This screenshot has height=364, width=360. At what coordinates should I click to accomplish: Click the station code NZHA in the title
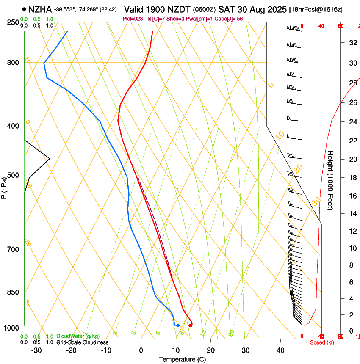pos(40,8)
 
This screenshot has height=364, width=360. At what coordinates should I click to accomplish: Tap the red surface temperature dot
pos(190,325)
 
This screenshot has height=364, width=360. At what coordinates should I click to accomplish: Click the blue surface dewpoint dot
pos(178,325)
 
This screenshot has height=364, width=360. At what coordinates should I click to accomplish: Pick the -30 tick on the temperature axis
pos(36,350)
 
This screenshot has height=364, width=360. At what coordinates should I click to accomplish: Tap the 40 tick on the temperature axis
pos(280,350)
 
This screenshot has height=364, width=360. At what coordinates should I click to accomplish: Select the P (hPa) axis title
pos(4,186)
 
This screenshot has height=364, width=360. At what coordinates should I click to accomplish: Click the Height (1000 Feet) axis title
pos(330,180)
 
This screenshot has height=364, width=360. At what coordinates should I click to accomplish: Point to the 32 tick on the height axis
pos(352,42)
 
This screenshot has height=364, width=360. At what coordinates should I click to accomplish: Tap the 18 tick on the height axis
pos(352,178)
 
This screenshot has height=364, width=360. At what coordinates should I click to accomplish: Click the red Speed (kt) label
pos(322,342)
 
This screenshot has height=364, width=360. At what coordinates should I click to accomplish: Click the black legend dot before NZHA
pos(24,8)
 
